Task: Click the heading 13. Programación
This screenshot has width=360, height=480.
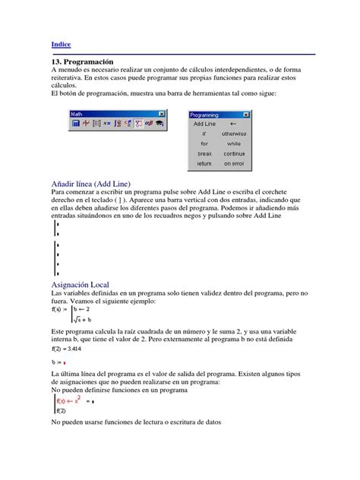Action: (81, 61)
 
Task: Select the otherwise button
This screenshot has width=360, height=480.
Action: (234, 133)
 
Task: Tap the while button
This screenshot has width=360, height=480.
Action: (234, 143)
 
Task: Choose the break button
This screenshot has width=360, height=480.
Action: (204, 153)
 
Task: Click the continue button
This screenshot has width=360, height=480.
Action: (234, 153)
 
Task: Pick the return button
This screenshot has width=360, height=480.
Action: (204, 163)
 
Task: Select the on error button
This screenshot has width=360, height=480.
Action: (234, 163)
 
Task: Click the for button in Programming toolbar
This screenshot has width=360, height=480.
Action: (204, 143)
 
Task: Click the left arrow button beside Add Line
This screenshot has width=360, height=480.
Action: (234, 123)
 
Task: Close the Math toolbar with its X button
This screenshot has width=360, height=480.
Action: (162, 114)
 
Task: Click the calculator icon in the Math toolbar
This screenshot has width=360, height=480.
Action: (75, 124)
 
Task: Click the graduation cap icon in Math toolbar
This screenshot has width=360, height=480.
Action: (161, 124)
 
